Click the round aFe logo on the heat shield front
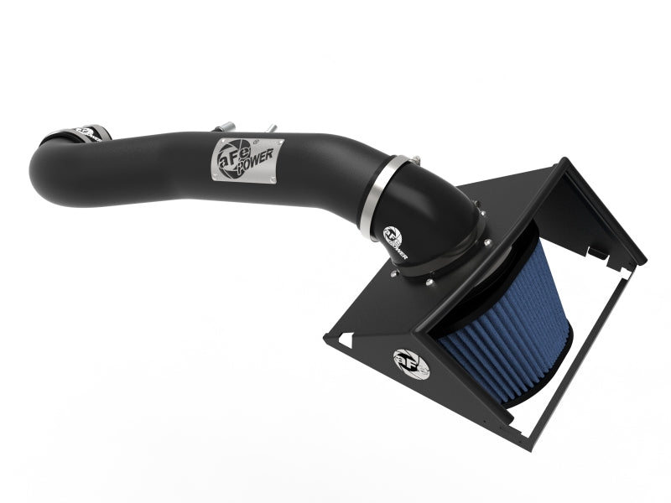pos(411,362)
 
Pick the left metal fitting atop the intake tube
pos(225,127)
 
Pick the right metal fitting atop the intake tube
pos(271,129)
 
